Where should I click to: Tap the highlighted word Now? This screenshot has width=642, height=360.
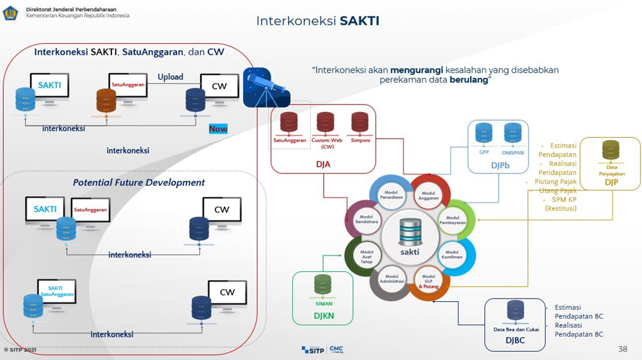pos(219,128)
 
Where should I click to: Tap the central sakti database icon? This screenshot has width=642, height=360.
pos(408,234)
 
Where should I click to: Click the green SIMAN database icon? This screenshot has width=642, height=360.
pos(323,284)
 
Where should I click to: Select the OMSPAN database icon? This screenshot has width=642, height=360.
pos(513,133)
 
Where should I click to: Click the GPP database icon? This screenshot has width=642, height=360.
pos(484,133)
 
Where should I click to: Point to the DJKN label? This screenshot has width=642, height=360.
pos(323,316)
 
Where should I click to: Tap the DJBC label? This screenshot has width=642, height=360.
pos(516,339)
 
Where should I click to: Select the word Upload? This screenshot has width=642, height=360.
pos(170,77)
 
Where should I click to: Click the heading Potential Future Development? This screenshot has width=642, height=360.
pos(139,182)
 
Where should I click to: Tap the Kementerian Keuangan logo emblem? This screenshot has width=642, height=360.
pos(10,12)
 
